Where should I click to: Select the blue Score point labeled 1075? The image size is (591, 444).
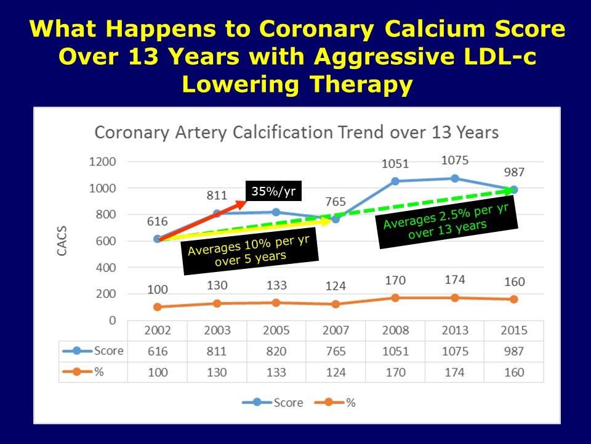[x=455, y=178]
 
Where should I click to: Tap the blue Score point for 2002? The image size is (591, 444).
[x=158, y=239]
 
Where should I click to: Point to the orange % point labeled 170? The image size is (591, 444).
[x=395, y=298]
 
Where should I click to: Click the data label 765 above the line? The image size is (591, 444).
[x=335, y=202]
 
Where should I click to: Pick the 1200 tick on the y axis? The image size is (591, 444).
[x=103, y=162]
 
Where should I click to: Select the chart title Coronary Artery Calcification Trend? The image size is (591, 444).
[x=295, y=133]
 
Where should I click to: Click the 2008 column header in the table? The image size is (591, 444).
[x=395, y=330]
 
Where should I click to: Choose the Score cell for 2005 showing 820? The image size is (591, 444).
[x=276, y=351]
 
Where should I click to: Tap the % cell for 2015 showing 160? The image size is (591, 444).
[x=513, y=372]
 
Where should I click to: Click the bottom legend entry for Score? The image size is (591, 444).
[x=280, y=402]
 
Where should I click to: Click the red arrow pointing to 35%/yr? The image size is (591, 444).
[x=203, y=217]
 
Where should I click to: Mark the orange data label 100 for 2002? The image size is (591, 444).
[x=158, y=289]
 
